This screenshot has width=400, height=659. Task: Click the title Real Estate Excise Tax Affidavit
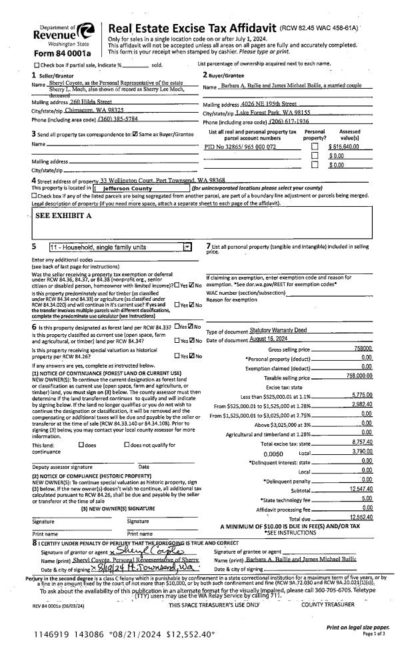[x=219, y=29]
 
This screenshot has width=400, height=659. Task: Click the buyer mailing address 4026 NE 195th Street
[x=272, y=105]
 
